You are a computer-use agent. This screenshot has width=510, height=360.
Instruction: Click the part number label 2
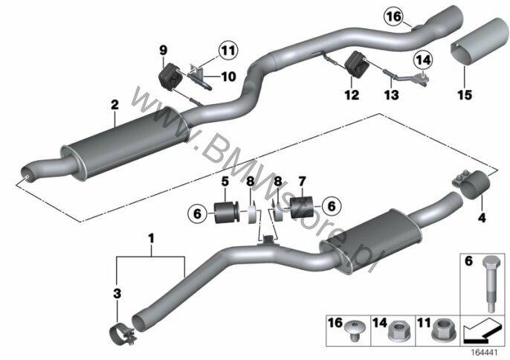tap(114, 105)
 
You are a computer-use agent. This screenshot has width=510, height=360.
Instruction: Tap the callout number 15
tap(465, 95)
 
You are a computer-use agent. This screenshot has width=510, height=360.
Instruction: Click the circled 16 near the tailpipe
tap(393, 16)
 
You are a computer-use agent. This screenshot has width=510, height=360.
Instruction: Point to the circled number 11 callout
tap(228, 51)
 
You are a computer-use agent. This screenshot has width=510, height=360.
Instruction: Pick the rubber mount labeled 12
tap(356, 65)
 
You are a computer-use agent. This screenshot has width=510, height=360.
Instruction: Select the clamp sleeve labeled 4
tap(471, 183)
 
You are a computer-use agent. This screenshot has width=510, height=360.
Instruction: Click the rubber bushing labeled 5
tap(226, 212)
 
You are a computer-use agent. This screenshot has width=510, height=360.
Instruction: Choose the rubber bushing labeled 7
tap(301, 207)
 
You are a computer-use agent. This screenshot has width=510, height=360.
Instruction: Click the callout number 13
tap(391, 95)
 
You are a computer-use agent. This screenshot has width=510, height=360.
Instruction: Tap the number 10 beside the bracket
tap(228, 77)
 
